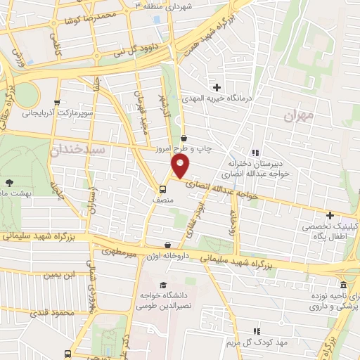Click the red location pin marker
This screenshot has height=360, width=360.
coord(180,167)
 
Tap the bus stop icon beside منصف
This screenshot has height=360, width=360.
coord(162,188)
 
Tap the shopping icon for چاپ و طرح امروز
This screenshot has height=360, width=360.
coord(184,138)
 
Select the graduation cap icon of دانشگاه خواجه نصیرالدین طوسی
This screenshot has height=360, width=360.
coord(163,285)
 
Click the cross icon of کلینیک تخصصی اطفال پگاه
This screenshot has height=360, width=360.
coord(330,214)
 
